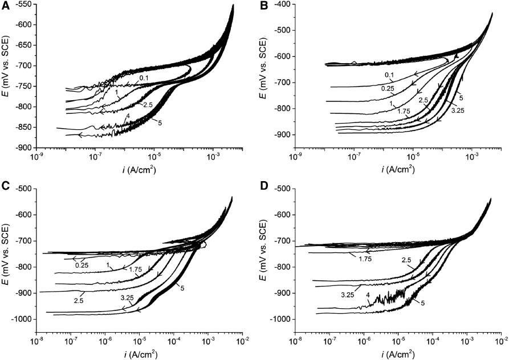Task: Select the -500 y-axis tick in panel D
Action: [280, 189]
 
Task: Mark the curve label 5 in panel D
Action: [422, 303]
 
